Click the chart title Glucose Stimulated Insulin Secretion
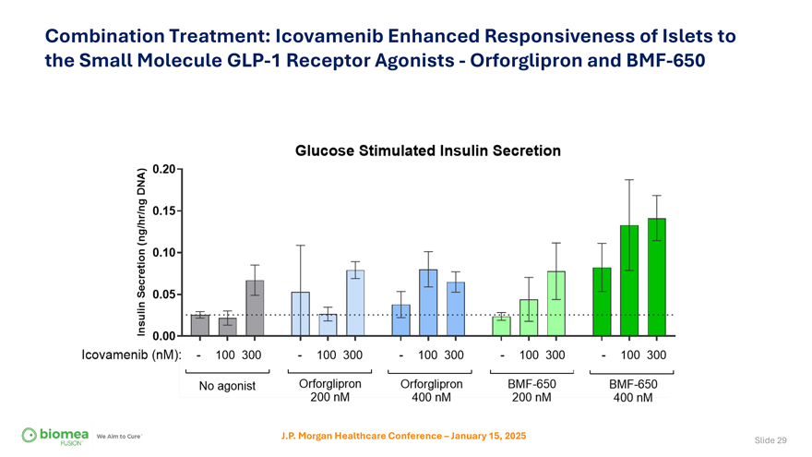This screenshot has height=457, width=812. coord(427,150)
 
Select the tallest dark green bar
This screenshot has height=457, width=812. coord(656,277)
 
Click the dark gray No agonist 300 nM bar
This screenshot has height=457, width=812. coord(255,307)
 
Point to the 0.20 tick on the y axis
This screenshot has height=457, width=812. coord(164,169)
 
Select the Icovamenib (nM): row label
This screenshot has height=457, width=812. coord(131,355)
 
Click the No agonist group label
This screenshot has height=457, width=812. coord(227,386)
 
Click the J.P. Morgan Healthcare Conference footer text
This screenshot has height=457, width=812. coord(403,435)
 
